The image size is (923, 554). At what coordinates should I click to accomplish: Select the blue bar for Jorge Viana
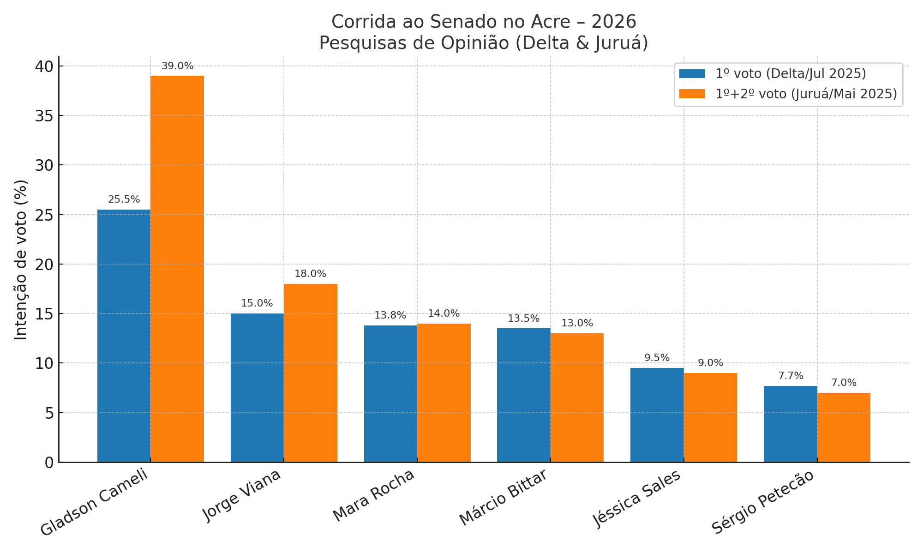click(x=257, y=388)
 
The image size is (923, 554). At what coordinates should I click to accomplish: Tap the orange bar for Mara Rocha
click(x=444, y=393)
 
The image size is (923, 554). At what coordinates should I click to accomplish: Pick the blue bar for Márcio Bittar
click(x=523, y=395)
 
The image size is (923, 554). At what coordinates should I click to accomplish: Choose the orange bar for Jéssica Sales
click(x=710, y=417)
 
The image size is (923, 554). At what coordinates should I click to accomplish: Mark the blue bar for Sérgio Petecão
click(x=790, y=424)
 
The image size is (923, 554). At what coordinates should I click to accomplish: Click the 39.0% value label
click(x=177, y=66)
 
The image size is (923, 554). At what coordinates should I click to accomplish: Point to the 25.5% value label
click(x=124, y=199)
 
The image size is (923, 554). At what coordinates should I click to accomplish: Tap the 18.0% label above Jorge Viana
click(x=310, y=274)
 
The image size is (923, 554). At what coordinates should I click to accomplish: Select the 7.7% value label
click(x=791, y=376)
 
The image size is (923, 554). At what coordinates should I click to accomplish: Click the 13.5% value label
click(x=523, y=319)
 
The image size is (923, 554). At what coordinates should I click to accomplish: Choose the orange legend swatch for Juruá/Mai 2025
click(x=692, y=94)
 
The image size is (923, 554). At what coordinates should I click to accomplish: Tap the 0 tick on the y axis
click(x=49, y=463)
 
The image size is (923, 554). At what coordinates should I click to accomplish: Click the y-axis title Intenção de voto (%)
click(x=21, y=259)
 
